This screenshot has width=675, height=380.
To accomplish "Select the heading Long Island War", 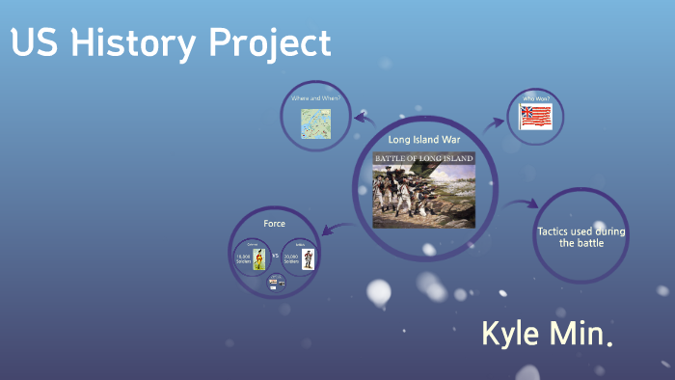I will coord(424,140).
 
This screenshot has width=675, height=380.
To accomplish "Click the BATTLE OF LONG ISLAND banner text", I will coord(424,157).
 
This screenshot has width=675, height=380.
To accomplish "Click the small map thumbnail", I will coord(315,122).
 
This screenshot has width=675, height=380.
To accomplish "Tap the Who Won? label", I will coord(535,99).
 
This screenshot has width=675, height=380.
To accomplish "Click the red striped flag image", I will coord(535,118).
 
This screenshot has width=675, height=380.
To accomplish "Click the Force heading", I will coord(274,223).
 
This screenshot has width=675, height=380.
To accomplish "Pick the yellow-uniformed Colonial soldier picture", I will coord(258,258).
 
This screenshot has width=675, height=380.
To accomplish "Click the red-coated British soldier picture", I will coord(308,258).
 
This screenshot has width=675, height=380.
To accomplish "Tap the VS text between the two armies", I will coord(275,257).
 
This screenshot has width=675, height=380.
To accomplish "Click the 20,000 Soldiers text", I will coord(290,258).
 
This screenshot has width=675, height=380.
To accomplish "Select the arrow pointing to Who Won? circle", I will coord(493,123).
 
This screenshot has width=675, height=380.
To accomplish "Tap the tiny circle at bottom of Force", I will coord(275,283).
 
